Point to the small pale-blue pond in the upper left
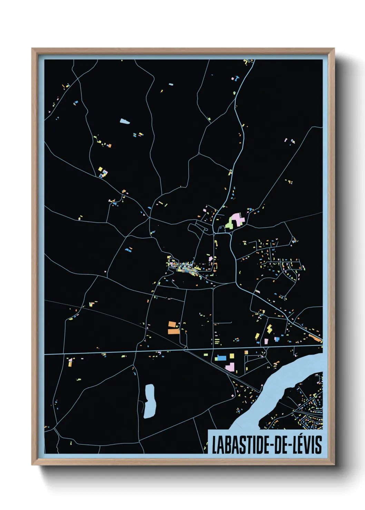[x=124, y=121]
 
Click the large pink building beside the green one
[x=237, y=219]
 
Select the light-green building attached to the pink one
[x=229, y=225]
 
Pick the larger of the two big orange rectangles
[x=174, y=331]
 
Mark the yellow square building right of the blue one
[x=231, y=355]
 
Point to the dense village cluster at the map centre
[x=188, y=267]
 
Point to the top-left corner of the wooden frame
[x=32, y=49]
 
